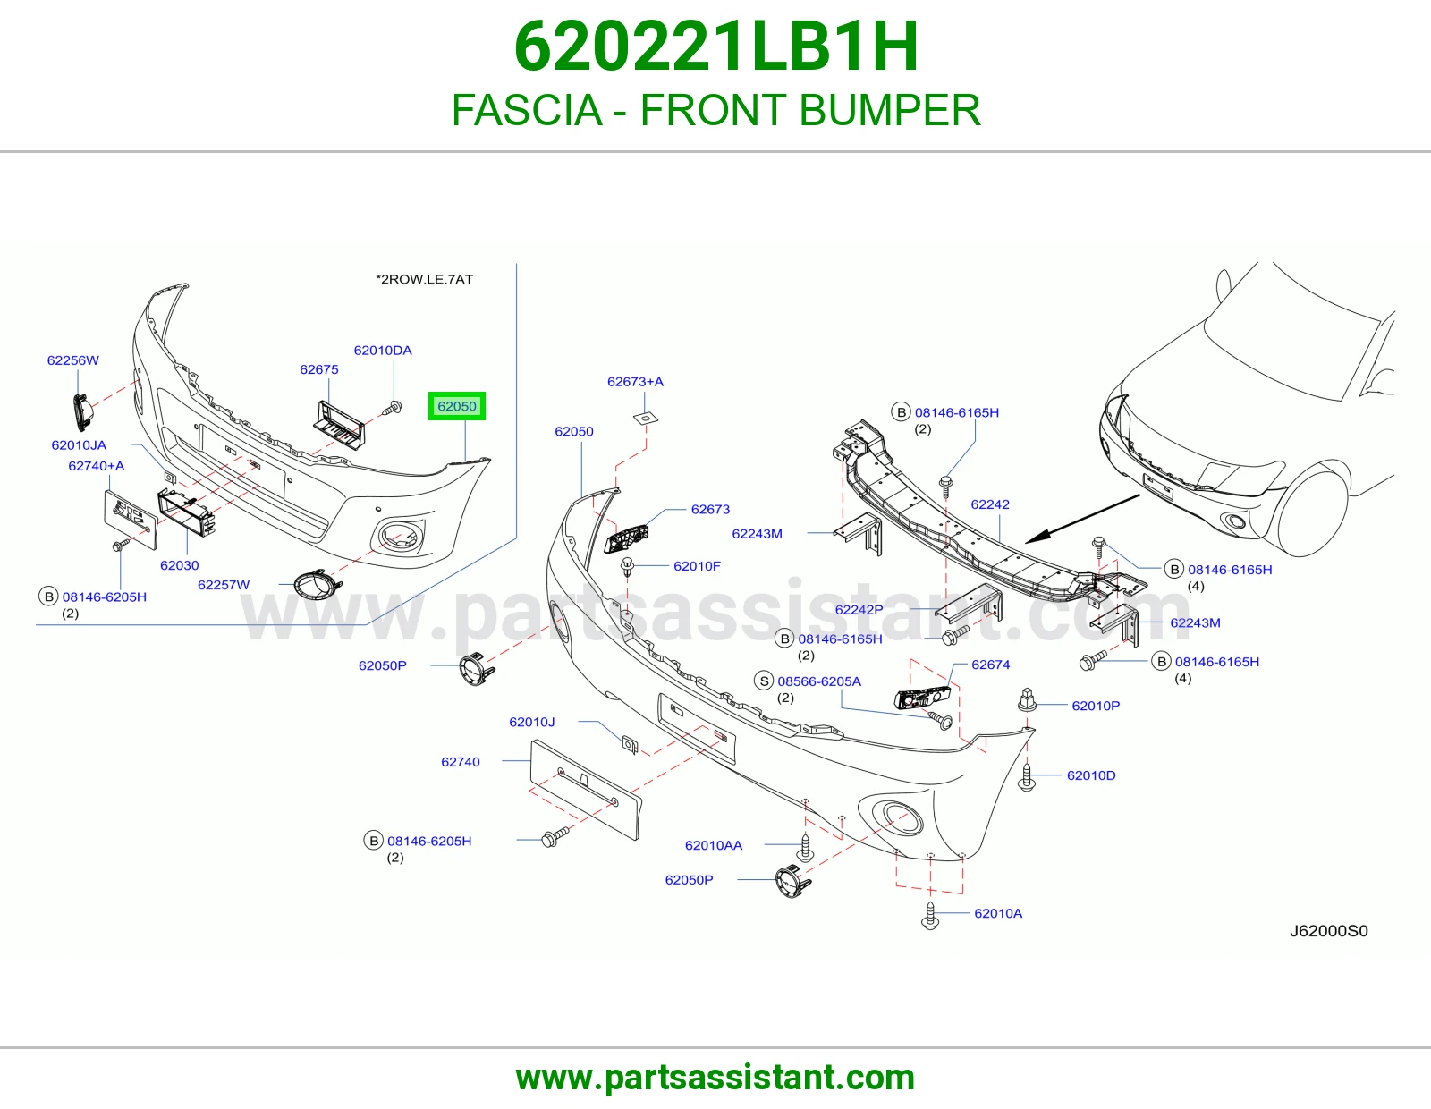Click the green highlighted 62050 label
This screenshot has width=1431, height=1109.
click(456, 406)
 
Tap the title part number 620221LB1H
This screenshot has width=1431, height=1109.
click(715, 47)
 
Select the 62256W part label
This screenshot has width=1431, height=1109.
click(73, 360)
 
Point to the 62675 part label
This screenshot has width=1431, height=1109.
click(318, 369)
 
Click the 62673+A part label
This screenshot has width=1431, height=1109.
click(635, 381)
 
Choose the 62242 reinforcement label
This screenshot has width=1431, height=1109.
click(990, 504)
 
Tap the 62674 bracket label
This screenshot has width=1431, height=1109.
click(990, 665)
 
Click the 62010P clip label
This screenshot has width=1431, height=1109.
click(1096, 706)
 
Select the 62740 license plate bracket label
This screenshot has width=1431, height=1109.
click(461, 762)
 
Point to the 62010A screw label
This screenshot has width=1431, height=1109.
click(998, 913)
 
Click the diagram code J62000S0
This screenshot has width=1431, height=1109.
click(1329, 930)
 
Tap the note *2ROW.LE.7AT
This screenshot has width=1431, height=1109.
click(424, 279)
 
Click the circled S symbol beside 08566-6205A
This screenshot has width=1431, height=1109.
click(764, 681)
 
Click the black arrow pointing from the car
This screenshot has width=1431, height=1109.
click(1082, 519)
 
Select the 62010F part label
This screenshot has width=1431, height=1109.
click(697, 566)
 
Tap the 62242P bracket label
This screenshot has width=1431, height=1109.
click(859, 609)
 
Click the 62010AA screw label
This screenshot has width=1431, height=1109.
click(714, 845)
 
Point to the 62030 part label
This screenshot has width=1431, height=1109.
click(179, 565)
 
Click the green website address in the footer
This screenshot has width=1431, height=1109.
click(715, 1078)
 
